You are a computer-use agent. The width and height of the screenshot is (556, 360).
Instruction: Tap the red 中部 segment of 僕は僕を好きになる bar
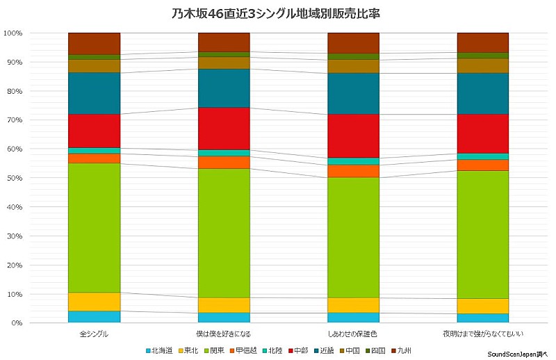click(224, 129)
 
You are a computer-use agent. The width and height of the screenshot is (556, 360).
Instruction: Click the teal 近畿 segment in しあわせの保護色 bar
click(353, 93)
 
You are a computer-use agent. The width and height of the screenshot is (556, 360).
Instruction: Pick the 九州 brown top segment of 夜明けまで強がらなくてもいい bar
click(482, 42)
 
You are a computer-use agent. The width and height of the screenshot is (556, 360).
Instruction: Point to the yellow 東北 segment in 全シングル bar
click(95, 302)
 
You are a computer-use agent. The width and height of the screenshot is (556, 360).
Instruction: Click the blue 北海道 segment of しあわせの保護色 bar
click(353, 318)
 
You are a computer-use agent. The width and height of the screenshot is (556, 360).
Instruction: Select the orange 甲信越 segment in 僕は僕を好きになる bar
click(224, 163)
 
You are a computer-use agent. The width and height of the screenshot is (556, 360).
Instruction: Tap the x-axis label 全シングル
click(95, 334)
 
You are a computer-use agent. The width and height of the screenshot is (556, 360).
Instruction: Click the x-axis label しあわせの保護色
click(353, 334)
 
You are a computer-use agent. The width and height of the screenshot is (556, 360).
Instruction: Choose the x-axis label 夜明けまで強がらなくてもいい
click(482, 334)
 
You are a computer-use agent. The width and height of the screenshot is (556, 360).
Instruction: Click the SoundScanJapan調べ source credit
click(518, 354)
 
